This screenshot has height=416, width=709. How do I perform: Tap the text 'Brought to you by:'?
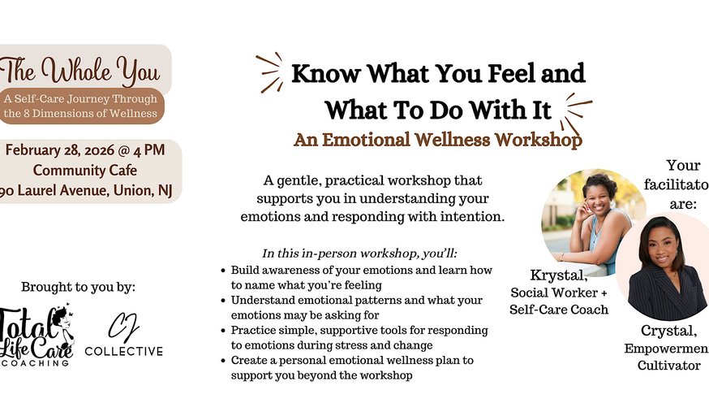(78, 287)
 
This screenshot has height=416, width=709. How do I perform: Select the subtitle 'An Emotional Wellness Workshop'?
(437, 139)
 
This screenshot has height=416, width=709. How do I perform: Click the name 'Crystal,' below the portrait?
(664, 329)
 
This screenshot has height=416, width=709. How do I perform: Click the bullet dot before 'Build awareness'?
(223, 269)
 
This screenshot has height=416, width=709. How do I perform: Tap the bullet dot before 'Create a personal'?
(223, 359)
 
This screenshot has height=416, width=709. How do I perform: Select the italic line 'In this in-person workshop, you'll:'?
(359, 253)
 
